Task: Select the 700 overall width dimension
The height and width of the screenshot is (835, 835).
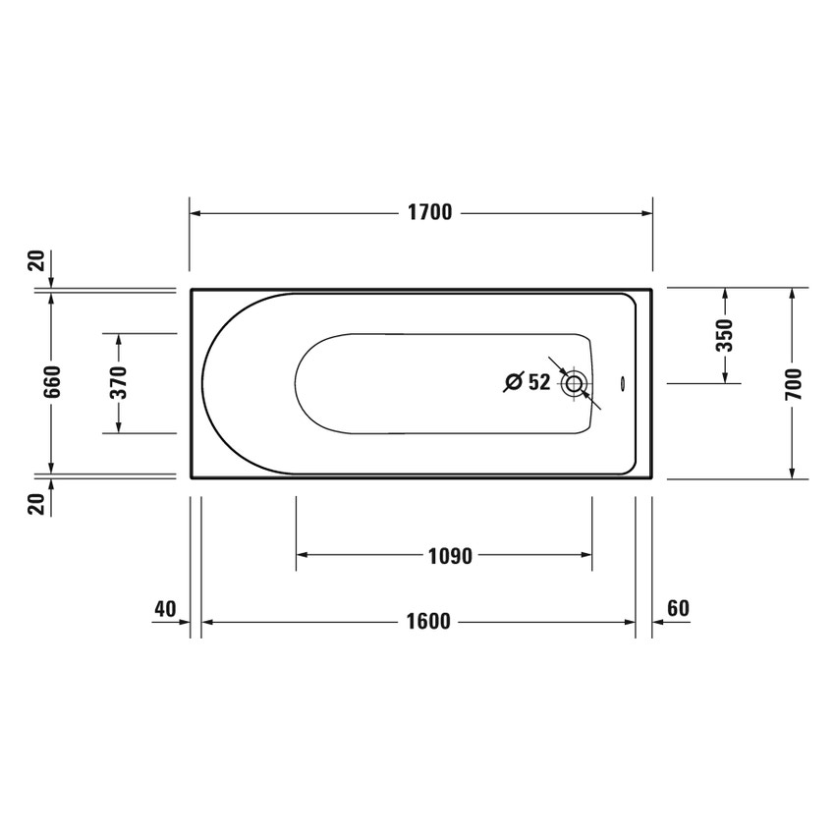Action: [794, 382]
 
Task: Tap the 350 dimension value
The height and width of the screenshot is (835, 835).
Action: [725, 335]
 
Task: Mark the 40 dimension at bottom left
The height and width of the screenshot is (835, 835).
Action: [164, 609]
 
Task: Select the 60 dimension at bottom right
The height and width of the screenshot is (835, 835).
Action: [678, 609]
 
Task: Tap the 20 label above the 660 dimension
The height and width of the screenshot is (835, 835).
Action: [35, 260]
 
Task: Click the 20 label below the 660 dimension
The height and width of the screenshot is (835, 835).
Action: [35, 504]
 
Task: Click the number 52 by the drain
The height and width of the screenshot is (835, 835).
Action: [539, 383]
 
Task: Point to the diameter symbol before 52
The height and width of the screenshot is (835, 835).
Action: [513, 383]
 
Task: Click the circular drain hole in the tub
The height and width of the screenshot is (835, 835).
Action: [574, 383]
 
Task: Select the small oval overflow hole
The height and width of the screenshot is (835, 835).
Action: [622, 384]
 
